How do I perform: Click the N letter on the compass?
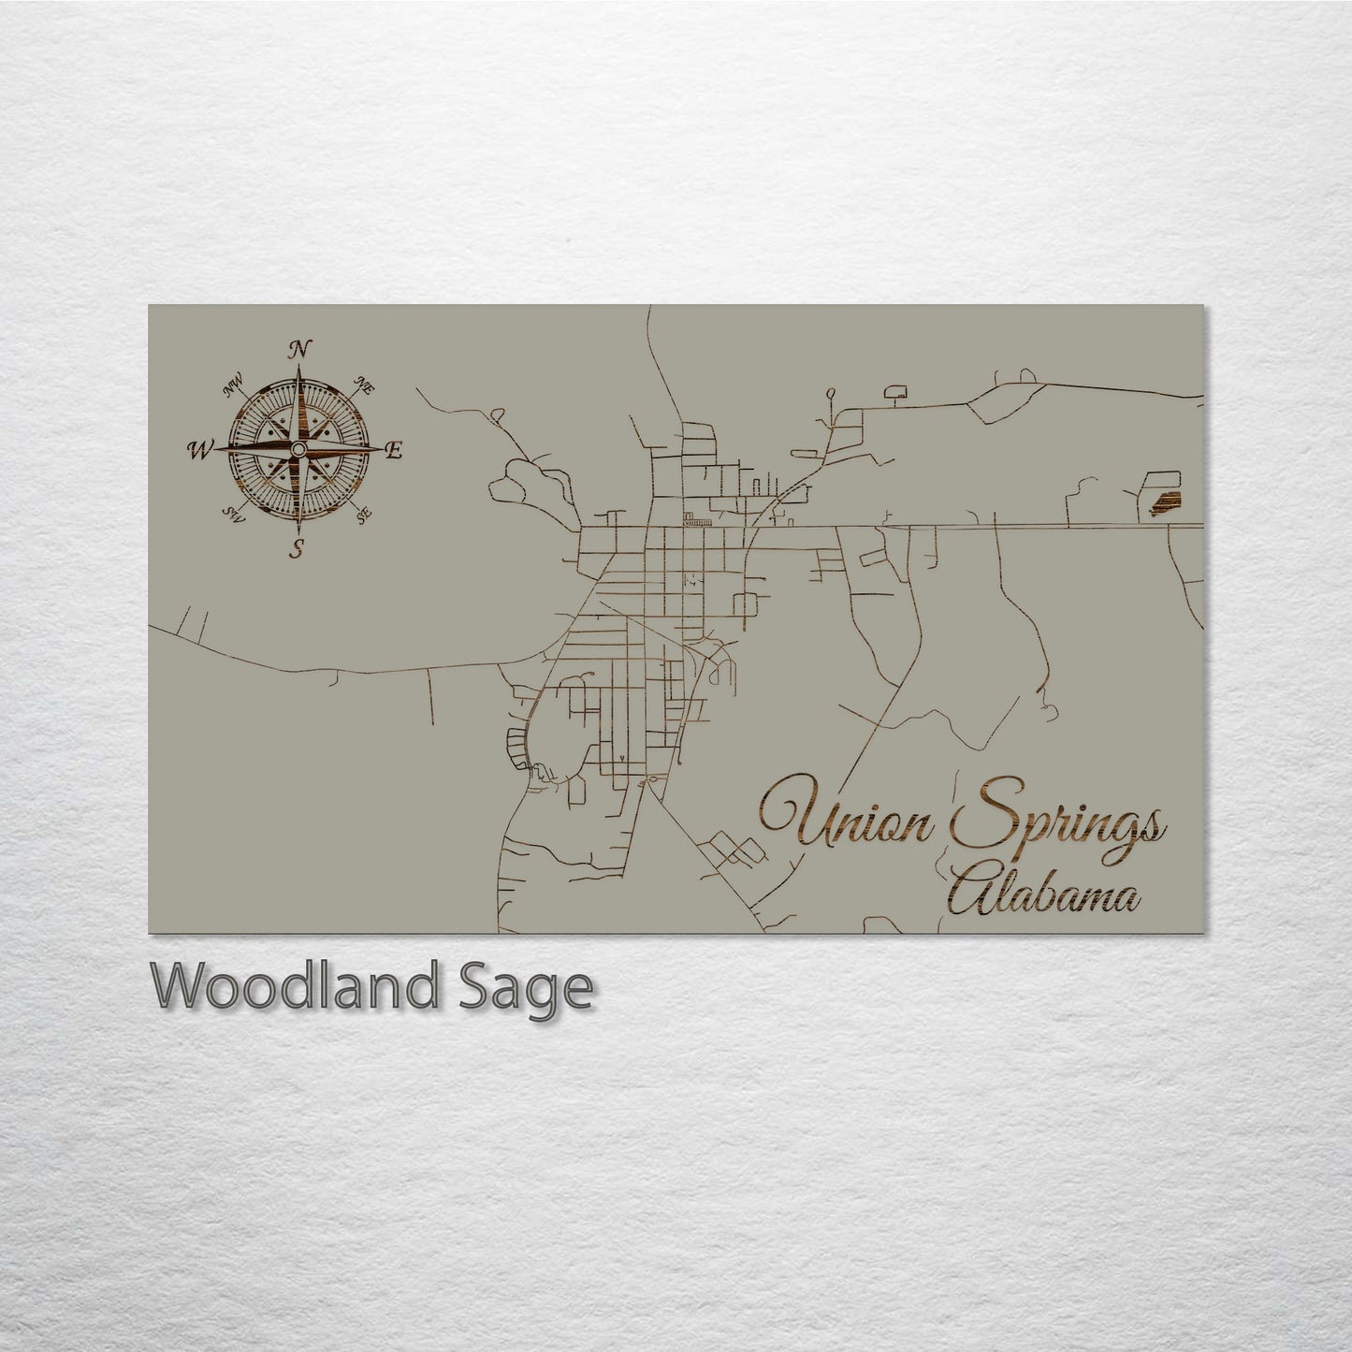pos(299,351)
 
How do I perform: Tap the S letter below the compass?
pos(298,549)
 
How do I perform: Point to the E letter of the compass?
pos(394,451)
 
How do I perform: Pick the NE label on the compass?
pos(365,385)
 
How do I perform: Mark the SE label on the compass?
pos(364,513)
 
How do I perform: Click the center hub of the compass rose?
pos(298,451)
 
